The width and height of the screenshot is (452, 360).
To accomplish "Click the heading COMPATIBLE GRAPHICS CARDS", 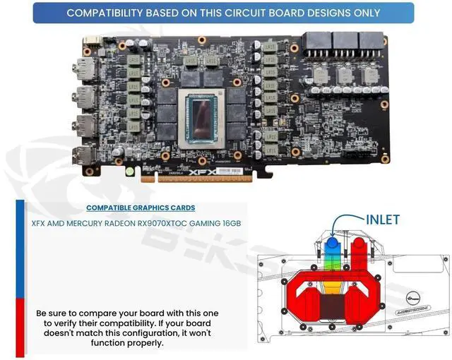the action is pos(141,208).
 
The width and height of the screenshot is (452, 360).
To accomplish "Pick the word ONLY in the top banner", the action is pos(367,13).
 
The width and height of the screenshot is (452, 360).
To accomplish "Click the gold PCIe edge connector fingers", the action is pos(201,179).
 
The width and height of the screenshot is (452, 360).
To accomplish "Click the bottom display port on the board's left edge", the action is pos(81,157).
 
